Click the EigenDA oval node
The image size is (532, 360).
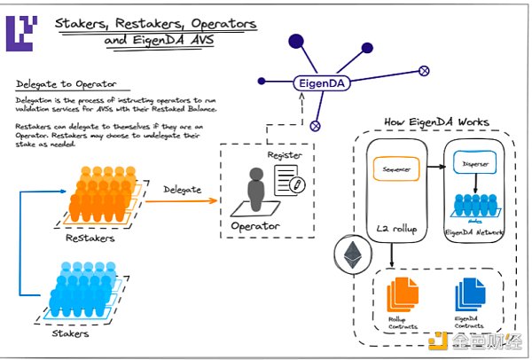coord(324,85)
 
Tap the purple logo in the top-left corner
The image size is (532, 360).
coord(20,30)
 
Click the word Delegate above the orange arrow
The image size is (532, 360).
coord(181,188)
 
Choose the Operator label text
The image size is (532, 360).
coord(257,226)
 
